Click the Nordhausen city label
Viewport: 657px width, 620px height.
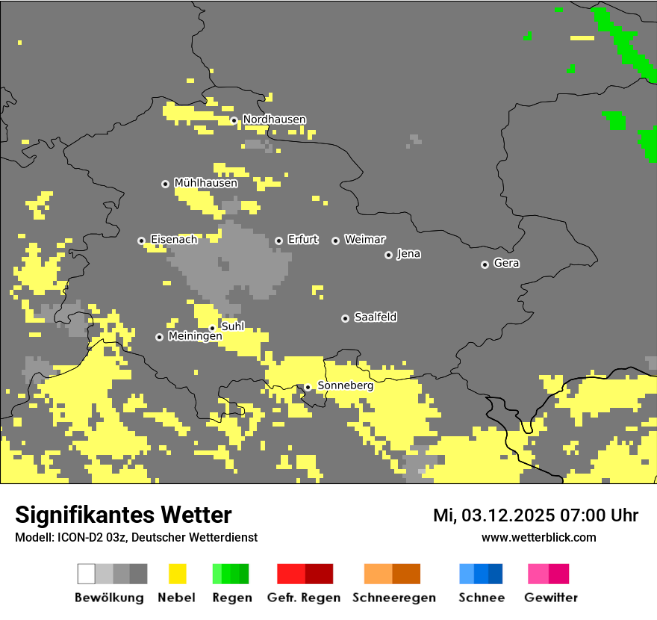tap(274, 120)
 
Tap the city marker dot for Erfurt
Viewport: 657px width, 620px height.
tap(278, 241)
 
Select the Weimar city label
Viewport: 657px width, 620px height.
tap(364, 240)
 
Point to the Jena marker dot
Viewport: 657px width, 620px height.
tap(388, 255)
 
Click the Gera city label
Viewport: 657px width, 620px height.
tap(506, 264)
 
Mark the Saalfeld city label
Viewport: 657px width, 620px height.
tap(375, 317)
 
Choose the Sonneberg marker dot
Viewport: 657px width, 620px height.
tap(308, 387)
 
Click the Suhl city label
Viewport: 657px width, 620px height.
tap(233, 326)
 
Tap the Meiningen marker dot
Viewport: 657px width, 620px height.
tap(159, 337)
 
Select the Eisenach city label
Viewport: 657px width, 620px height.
tap(174, 240)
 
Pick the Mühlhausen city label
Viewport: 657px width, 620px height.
tap(205, 183)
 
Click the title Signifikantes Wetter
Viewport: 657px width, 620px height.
tap(123, 515)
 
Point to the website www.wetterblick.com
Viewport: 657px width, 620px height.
tap(538, 537)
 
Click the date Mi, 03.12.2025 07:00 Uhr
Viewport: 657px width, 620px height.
tap(535, 515)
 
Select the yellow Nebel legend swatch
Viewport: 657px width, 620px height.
tap(177, 574)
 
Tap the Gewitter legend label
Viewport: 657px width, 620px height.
tap(551, 598)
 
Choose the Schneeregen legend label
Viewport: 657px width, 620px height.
tap(394, 598)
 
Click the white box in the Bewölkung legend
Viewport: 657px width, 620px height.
tap(87, 574)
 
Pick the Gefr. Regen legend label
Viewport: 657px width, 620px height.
tap(304, 598)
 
